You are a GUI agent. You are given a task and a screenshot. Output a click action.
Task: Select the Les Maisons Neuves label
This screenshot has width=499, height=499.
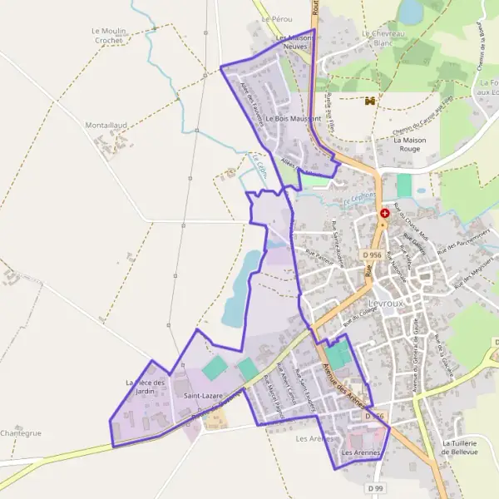pyautogui.click(x=293, y=42)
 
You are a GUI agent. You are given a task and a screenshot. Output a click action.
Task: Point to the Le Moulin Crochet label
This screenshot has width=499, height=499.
pyautogui.click(x=109, y=35)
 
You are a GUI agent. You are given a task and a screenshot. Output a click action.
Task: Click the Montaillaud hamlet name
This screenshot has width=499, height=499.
pyautogui.click(x=106, y=125)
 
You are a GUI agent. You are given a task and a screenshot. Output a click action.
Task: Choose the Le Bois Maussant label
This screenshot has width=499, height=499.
pyautogui.click(x=294, y=119)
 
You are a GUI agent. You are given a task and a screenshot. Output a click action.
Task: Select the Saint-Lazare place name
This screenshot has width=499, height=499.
pyautogui.click(x=203, y=396)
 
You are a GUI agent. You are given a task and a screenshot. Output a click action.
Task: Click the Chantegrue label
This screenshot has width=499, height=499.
pyautogui.click(x=21, y=433)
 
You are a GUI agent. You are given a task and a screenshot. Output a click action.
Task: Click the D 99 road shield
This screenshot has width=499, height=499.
pyautogui.click(x=378, y=487)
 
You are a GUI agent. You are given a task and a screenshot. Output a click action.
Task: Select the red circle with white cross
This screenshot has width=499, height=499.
pyautogui.click(x=385, y=214)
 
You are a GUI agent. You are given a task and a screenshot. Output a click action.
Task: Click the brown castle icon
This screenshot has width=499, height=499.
pyautogui.click(x=370, y=101)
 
